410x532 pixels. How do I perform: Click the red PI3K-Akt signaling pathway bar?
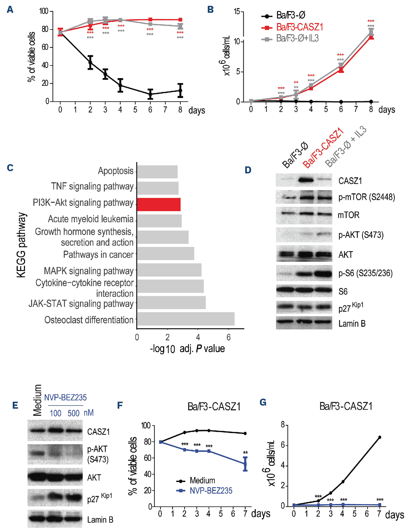(158, 204)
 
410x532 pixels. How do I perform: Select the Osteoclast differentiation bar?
(186, 319)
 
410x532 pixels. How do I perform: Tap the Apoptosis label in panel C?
(116, 171)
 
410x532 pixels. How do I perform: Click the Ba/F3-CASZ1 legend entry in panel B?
(299, 27)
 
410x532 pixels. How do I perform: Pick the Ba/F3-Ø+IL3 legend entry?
(297, 38)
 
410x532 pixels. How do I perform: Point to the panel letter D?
(248, 170)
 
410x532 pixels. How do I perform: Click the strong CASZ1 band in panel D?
(306, 180)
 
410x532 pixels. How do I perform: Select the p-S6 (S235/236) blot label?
(365, 273)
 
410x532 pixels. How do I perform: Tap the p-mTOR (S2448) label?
(366, 197)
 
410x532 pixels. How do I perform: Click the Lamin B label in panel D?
(352, 324)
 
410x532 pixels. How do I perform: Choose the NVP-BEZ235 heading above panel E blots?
(65, 398)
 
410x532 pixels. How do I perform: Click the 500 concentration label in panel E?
(74, 413)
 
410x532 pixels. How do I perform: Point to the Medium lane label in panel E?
(37, 400)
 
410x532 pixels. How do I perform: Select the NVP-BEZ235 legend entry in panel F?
(211, 491)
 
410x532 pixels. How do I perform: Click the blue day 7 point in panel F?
(245, 464)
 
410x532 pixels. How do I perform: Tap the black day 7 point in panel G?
(379, 437)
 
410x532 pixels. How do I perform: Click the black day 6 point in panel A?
(150, 94)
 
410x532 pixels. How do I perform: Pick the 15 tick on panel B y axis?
(237, 12)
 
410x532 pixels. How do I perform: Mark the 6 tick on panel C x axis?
(228, 337)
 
